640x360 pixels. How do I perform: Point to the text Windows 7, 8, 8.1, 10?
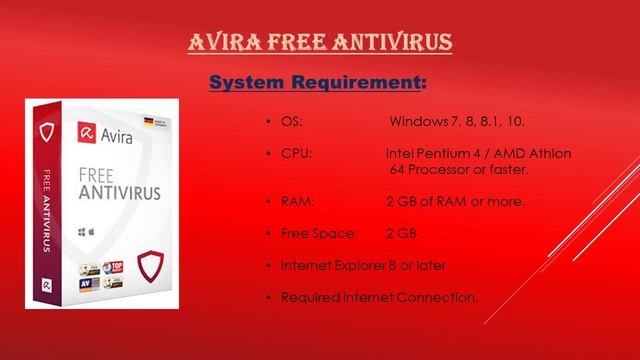(457, 122)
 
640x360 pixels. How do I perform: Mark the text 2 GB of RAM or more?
(455, 201)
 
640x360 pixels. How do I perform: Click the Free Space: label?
(318, 234)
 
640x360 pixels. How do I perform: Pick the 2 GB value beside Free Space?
(403, 234)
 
